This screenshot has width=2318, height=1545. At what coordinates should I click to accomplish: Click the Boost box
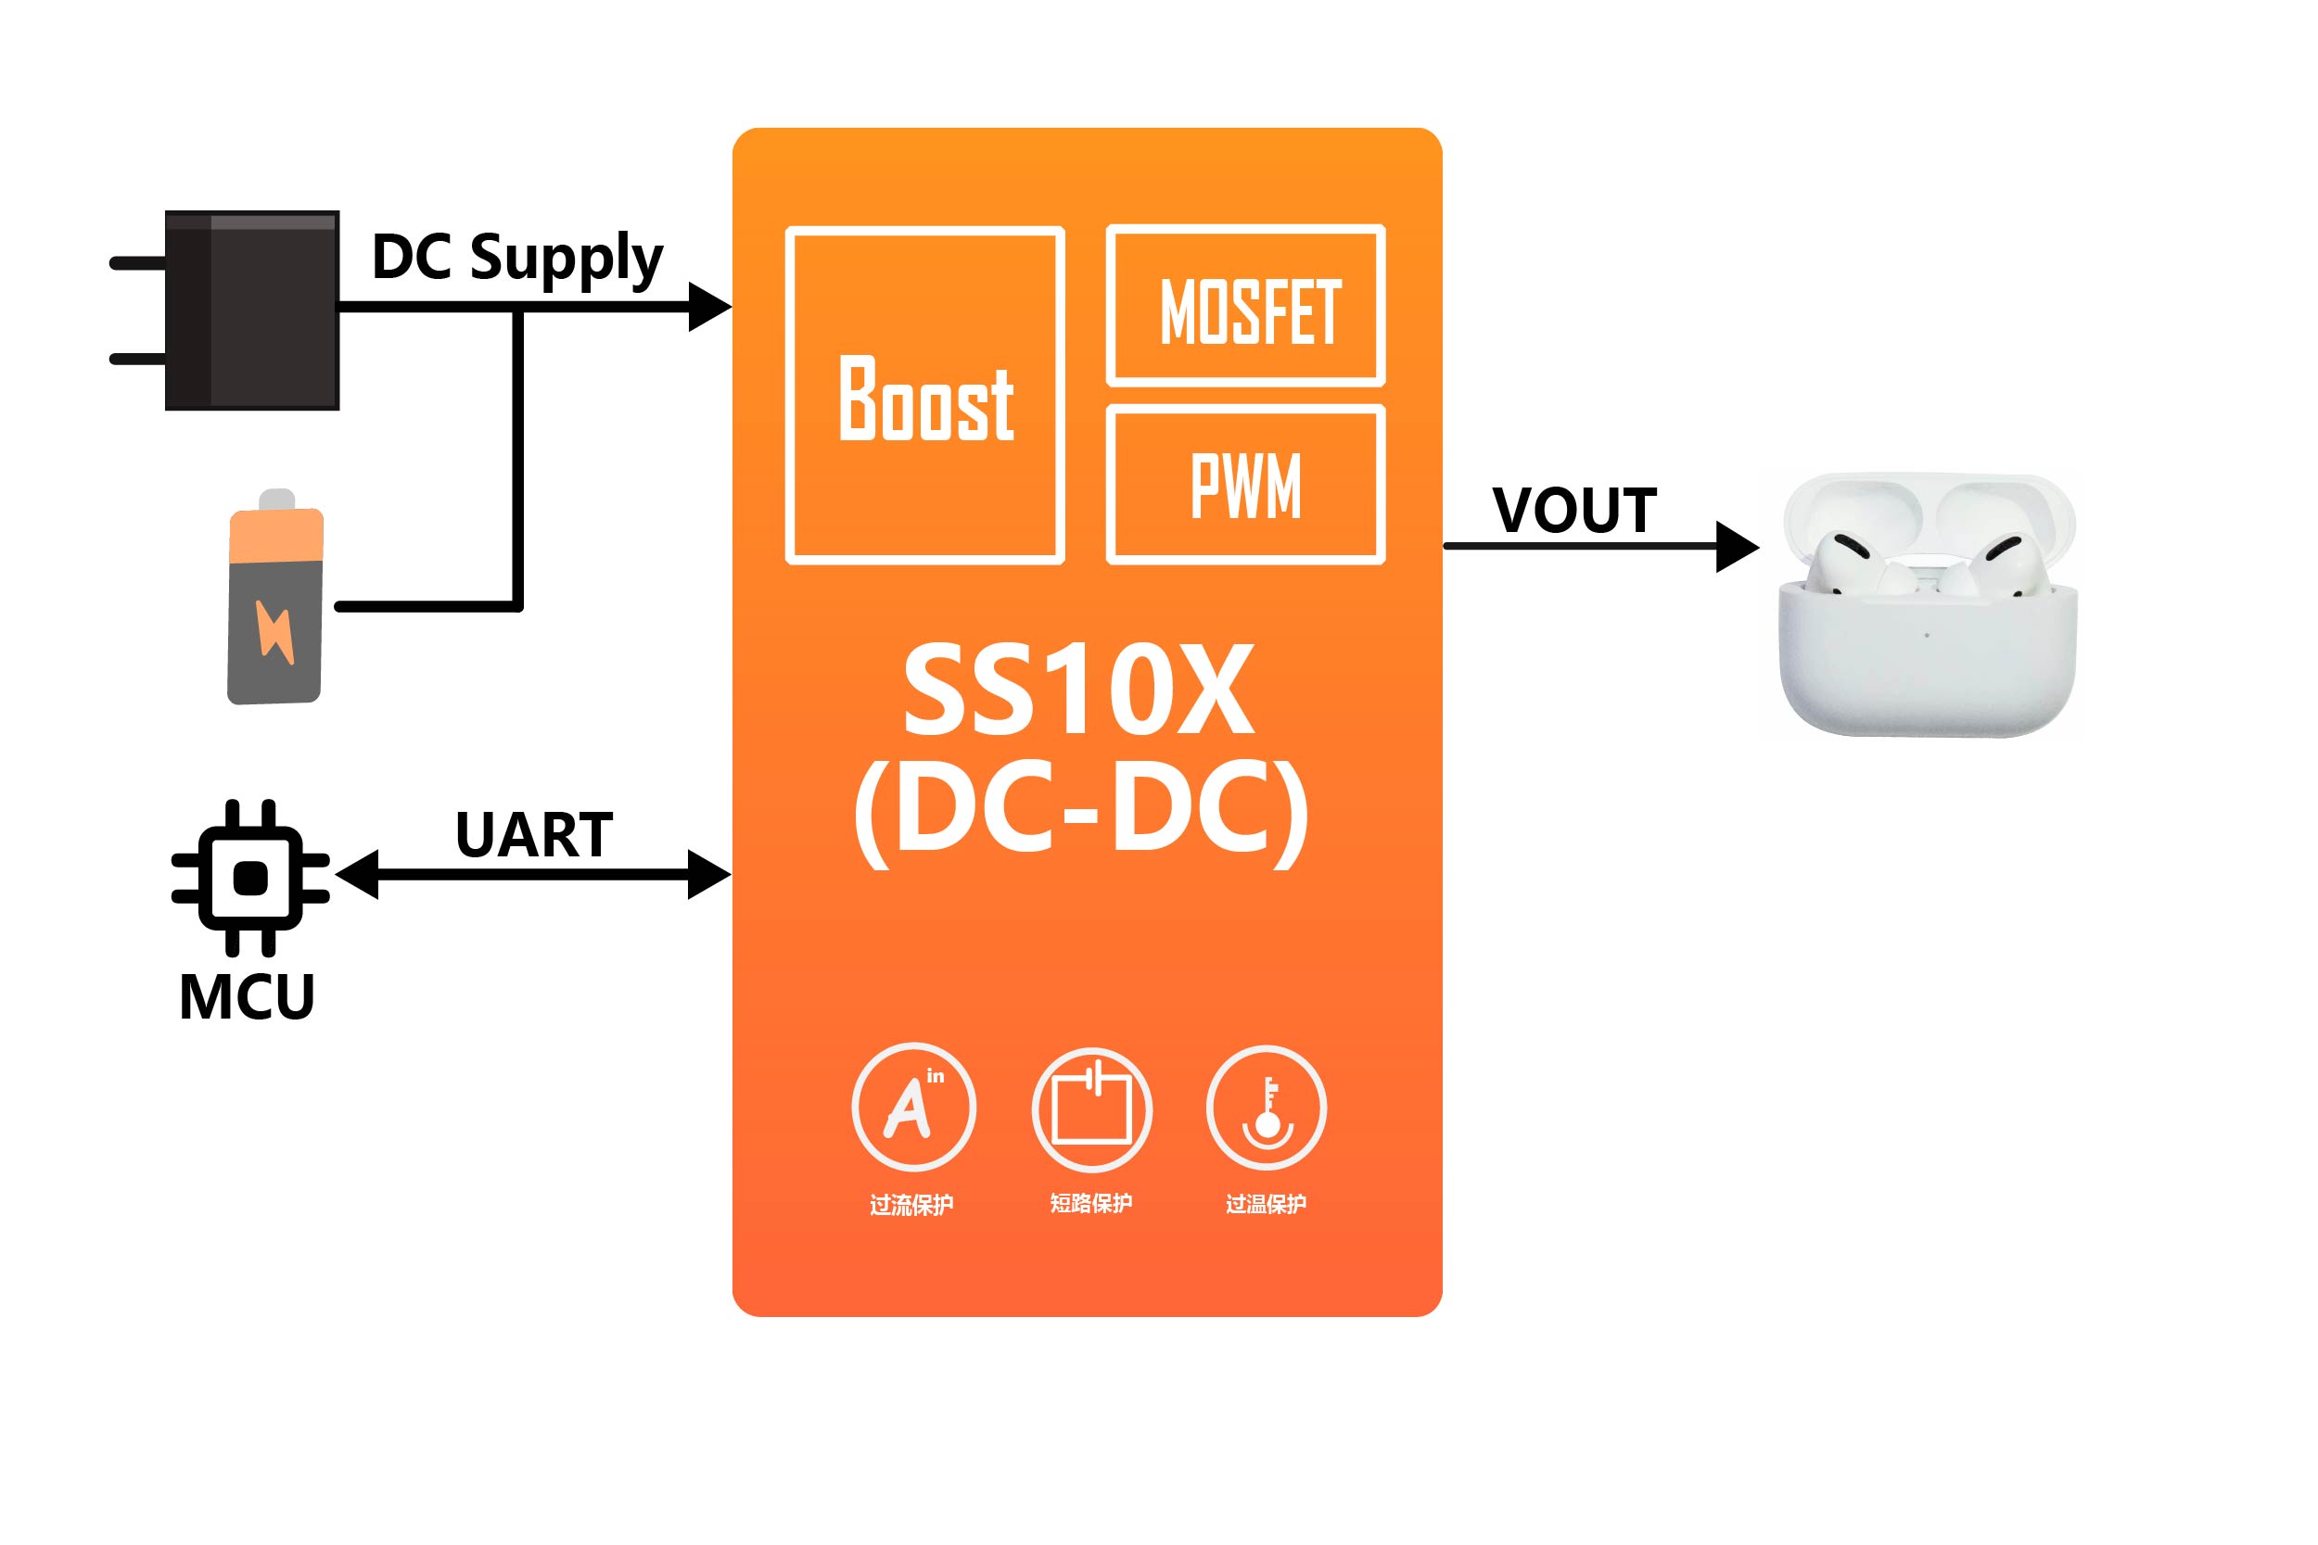coord(924,395)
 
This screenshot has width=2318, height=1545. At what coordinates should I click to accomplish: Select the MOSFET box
coord(1246,306)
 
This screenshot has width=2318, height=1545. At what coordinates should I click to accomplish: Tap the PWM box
coord(1246,485)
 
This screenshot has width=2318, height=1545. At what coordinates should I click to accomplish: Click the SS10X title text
coord(1079,690)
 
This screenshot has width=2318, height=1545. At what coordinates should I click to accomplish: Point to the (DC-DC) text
coord(1081,813)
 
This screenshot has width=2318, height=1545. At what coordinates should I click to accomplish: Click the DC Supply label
coord(517,259)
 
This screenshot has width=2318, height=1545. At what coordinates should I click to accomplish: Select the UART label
coord(534,836)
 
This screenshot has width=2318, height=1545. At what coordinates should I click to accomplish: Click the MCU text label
coord(247,997)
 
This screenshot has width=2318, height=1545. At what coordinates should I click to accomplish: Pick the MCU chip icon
coord(250,877)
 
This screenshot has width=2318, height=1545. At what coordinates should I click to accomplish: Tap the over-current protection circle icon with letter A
coord(913,1108)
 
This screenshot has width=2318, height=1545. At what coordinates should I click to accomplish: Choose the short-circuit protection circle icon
coord(1091,1109)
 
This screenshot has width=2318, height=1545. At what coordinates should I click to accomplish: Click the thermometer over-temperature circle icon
coord(1267,1108)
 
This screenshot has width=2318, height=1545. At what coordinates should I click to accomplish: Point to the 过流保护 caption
coord(911,1205)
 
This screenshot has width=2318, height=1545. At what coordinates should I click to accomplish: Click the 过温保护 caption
coord(1266,1204)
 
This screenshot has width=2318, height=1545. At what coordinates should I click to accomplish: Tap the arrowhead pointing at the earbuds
coord(1737,546)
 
